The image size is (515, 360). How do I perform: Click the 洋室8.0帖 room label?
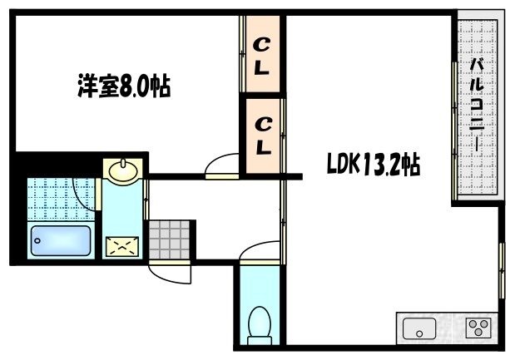coord(124,87)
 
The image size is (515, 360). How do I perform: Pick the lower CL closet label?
coord(261,136)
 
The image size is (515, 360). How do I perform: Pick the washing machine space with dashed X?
coord(121,244)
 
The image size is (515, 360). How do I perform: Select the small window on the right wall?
coord(502,268)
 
